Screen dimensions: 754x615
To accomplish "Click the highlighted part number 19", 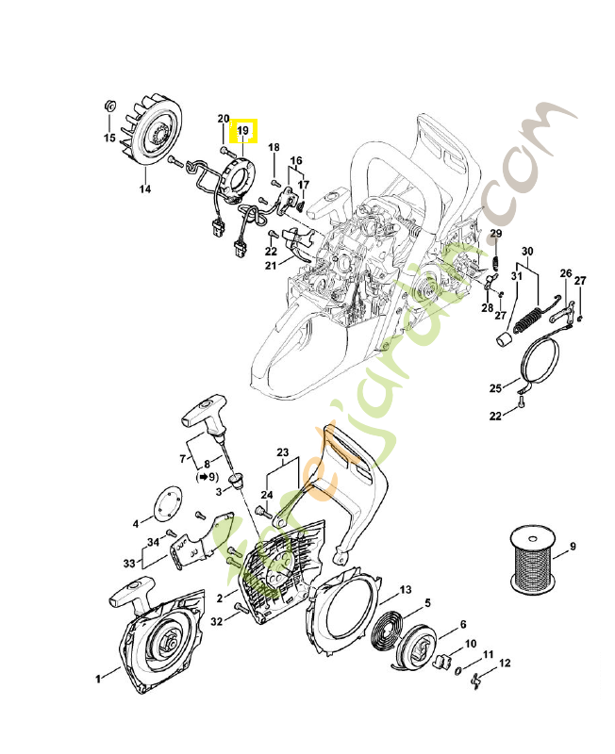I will [242, 130].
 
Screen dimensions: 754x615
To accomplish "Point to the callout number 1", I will [99, 677].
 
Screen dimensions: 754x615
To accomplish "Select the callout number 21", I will [271, 266].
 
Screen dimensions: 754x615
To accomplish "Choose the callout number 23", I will [281, 452].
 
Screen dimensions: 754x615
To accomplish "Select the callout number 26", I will [565, 273].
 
